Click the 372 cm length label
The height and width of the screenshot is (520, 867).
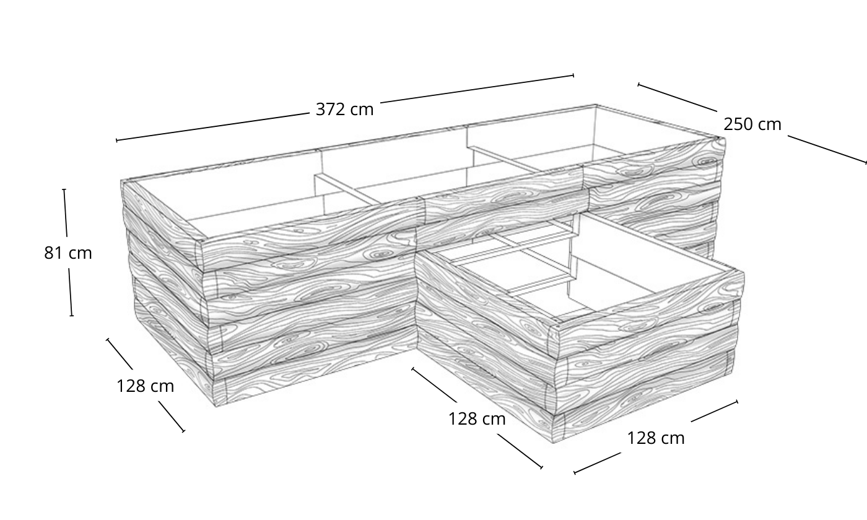click(x=344, y=110)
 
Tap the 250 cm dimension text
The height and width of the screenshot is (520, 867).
click(x=752, y=124)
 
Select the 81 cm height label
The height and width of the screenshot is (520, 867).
click(x=68, y=253)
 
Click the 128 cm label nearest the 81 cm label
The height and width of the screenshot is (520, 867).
click(x=145, y=386)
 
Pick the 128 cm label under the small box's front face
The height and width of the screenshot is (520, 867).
click(x=656, y=438)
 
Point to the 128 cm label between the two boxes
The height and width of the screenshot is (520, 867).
click(x=477, y=418)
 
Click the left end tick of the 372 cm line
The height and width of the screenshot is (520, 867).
click(x=116, y=141)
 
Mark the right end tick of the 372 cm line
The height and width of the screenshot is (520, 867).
click(x=573, y=76)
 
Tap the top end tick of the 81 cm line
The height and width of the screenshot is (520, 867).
click(x=64, y=189)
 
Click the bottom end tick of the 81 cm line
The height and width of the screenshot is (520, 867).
click(x=72, y=316)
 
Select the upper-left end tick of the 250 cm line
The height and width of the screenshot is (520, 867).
click(x=638, y=84)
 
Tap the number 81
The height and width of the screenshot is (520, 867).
click(x=53, y=253)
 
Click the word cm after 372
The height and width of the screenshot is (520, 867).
click(x=362, y=110)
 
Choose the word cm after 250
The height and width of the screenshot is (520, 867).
click(x=770, y=125)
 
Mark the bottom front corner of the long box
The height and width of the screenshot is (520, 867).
click(x=216, y=407)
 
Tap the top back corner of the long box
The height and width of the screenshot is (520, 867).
click(x=596, y=105)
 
